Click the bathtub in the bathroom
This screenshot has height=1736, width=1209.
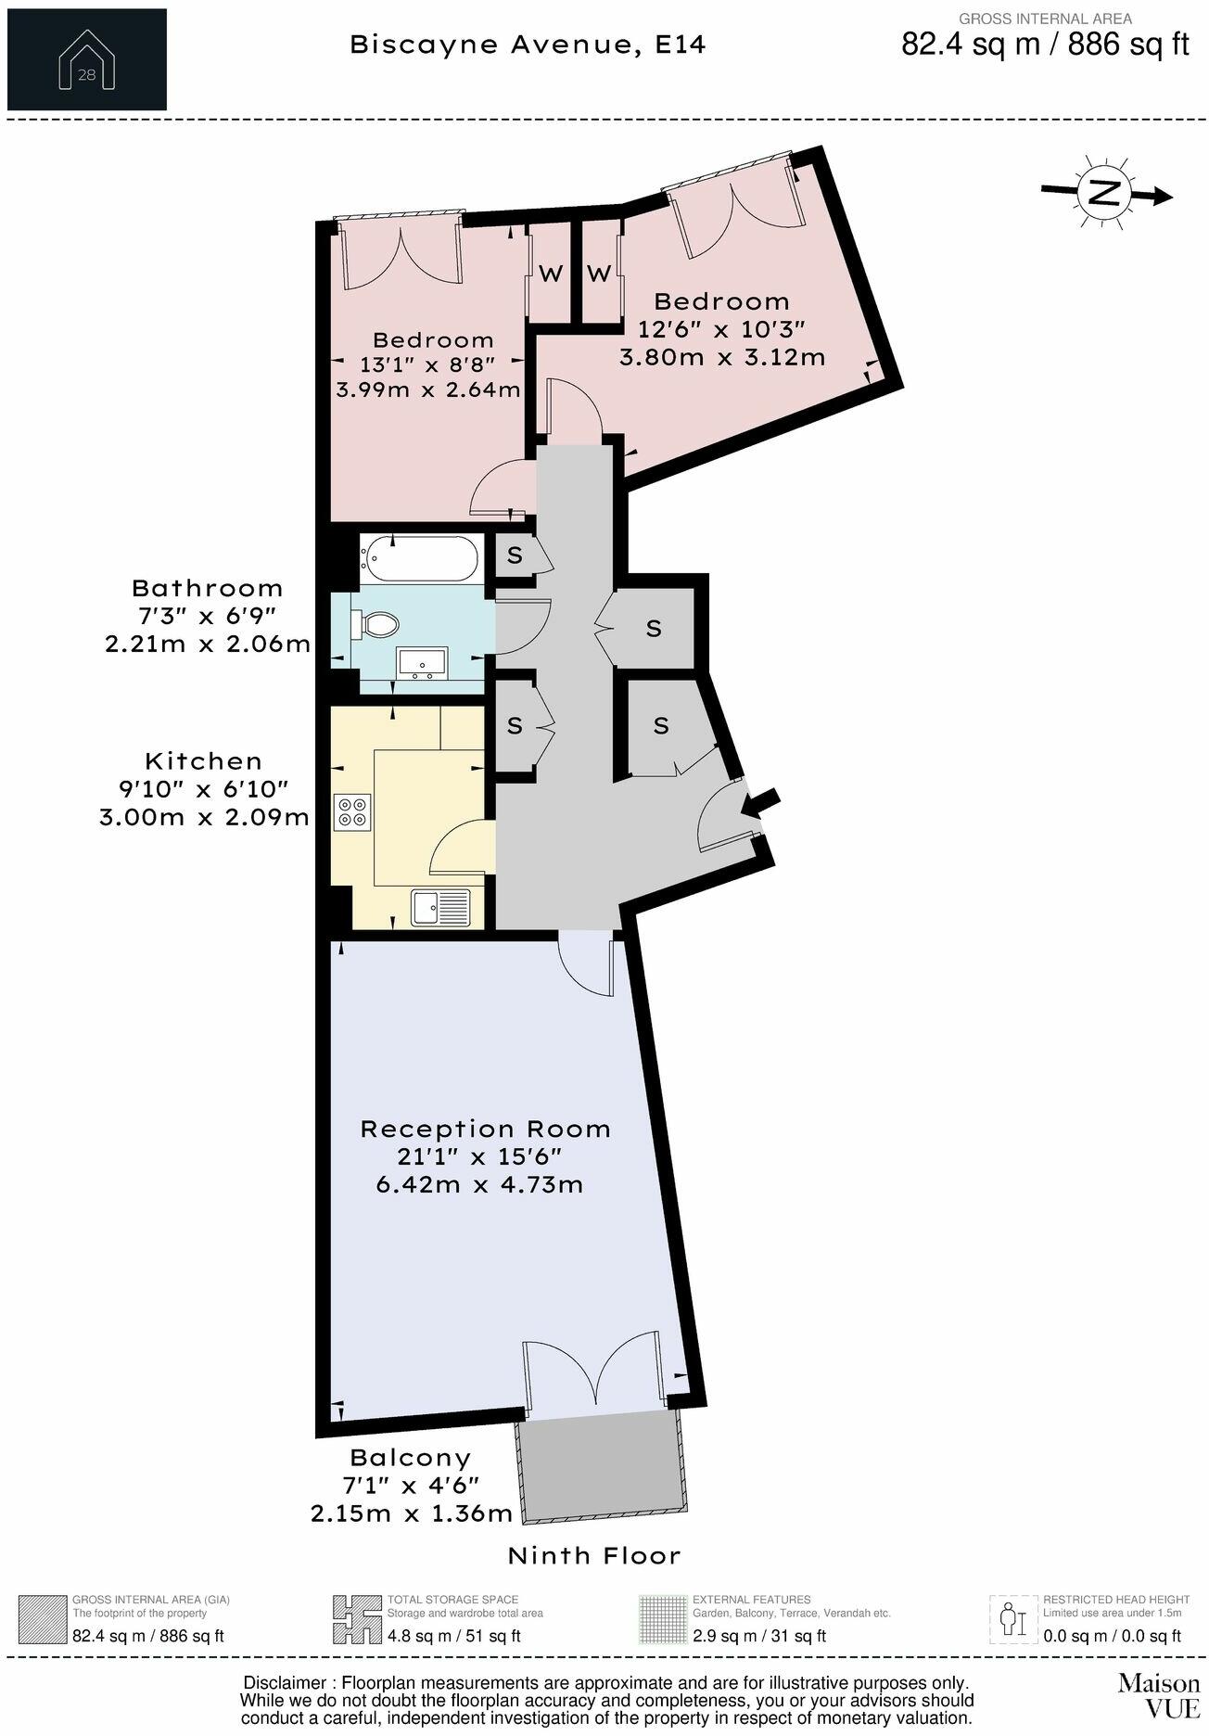(x=420, y=559)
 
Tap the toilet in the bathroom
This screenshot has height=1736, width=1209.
(x=376, y=623)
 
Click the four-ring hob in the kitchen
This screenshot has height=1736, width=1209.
(x=352, y=811)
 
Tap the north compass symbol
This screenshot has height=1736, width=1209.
(x=1104, y=194)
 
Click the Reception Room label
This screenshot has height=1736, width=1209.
(x=485, y=1129)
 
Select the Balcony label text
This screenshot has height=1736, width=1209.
(x=410, y=1457)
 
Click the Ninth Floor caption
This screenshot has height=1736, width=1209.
(x=593, y=1555)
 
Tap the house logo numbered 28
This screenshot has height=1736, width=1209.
(x=86, y=60)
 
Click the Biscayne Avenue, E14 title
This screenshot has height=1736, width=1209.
(x=528, y=45)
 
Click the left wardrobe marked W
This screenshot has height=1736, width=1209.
(x=551, y=274)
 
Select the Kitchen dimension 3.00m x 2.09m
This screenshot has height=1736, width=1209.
(x=204, y=817)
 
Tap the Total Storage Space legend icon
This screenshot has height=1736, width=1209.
(x=358, y=1619)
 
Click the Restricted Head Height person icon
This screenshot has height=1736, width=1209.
(x=1013, y=1619)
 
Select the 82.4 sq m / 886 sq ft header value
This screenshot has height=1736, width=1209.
(x=1045, y=45)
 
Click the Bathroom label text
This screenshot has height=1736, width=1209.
(x=207, y=588)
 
